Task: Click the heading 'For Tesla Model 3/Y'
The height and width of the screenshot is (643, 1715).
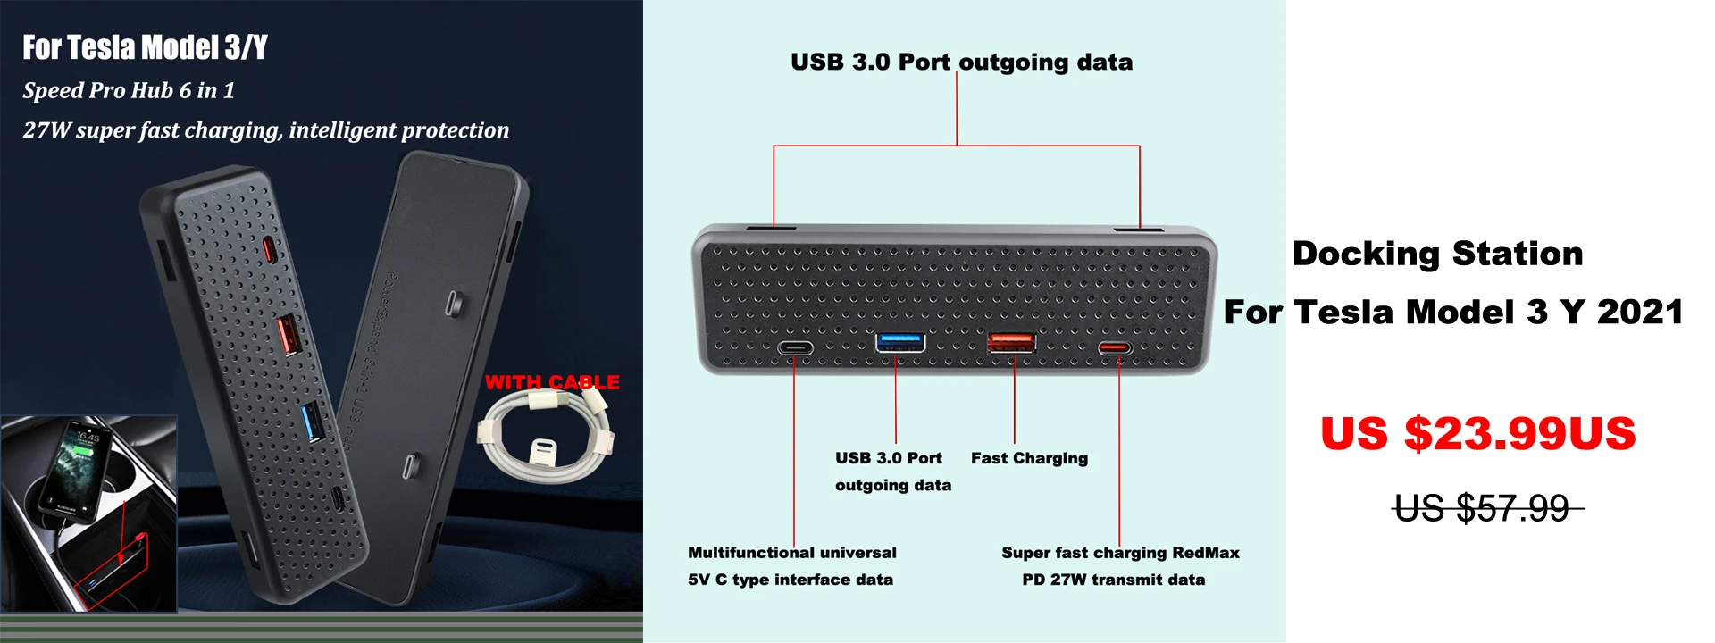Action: (145, 47)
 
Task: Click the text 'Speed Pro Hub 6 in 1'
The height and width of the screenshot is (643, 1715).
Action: (129, 90)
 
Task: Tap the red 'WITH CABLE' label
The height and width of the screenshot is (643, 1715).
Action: (552, 382)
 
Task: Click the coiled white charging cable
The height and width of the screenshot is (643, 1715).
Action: (545, 438)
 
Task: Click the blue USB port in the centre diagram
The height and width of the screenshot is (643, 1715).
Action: (899, 342)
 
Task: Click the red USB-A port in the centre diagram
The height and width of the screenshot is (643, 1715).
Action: (1011, 342)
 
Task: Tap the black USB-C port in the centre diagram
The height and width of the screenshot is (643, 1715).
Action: (794, 348)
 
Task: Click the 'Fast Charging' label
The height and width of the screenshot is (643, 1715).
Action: (1029, 458)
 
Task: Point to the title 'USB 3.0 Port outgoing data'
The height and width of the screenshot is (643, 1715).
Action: (961, 62)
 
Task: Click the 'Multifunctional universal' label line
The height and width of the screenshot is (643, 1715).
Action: (791, 553)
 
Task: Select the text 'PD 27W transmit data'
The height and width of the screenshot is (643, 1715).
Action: (1113, 580)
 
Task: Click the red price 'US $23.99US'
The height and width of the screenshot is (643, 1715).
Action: (1477, 434)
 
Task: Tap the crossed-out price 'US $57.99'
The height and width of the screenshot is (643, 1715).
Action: (1482, 509)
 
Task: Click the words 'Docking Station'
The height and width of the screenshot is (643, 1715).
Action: (1437, 254)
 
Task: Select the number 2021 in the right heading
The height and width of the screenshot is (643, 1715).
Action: (1640, 312)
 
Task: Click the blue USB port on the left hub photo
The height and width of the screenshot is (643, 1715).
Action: (313, 422)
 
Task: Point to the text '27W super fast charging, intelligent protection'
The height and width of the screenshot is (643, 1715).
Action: (265, 130)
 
